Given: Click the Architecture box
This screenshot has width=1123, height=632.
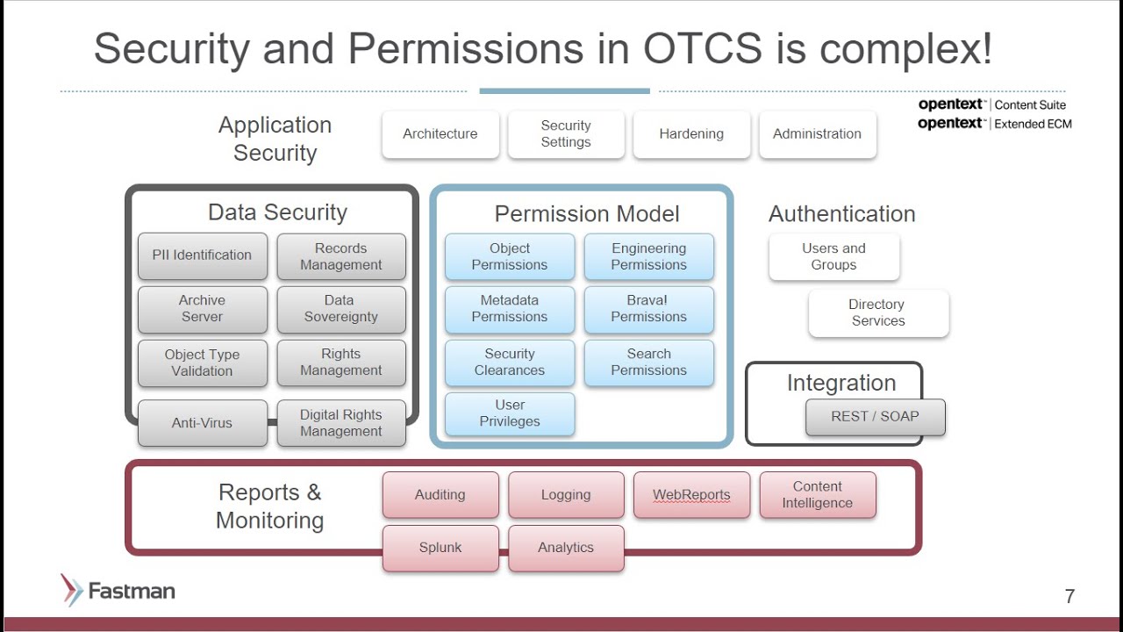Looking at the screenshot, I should point(440,134).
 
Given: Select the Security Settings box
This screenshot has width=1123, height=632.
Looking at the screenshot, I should point(566,134).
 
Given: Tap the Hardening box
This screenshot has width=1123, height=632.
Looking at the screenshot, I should point(691,134).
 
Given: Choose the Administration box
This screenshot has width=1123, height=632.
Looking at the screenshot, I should point(817,134).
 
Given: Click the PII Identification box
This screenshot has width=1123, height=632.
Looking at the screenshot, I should point(202,255).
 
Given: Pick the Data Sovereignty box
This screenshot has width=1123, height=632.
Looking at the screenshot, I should point(341,309).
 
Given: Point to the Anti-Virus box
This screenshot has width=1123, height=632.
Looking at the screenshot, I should point(202,423).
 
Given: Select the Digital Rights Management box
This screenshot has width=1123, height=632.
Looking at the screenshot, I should point(341,423).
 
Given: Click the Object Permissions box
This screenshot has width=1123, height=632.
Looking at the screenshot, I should point(510,256).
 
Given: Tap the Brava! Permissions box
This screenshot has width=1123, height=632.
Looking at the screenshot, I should point(649,309).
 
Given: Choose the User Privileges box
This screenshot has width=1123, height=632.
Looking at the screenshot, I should point(510,413).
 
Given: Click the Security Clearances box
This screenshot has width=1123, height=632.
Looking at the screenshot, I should point(510,363).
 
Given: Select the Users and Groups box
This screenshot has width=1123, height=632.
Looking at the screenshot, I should point(833,256).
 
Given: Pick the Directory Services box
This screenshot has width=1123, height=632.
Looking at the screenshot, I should point(878,313).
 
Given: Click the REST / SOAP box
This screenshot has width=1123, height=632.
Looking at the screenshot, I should point(875,417).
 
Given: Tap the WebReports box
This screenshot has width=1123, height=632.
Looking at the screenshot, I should point(691,495).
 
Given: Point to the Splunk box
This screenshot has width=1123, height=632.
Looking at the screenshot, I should point(440,548).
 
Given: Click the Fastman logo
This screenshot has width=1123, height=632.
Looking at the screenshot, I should point(118,591).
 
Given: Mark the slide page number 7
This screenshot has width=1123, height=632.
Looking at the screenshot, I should point(1069,597).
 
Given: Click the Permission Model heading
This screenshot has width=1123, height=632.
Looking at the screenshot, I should point(587,214).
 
